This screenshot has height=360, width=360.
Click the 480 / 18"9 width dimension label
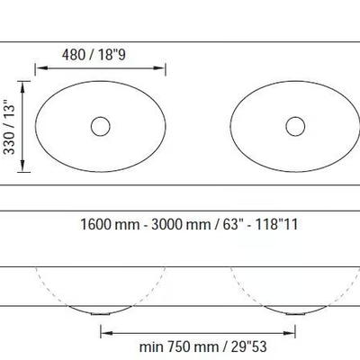pyautogui.click(x=94, y=55)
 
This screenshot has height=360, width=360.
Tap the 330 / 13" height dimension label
pyautogui.click(x=9, y=126)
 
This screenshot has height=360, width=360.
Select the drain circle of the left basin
pyautogui.click(x=101, y=126)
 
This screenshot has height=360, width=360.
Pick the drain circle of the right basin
pyautogui.click(x=295, y=126)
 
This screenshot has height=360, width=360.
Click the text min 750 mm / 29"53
pyautogui.click(x=203, y=346)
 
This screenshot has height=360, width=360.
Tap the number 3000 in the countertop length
pyautogui.click(x=166, y=224)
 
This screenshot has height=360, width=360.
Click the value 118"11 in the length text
pyautogui.click(x=276, y=224)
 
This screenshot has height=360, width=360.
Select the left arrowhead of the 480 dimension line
pyautogui.click(x=41, y=68)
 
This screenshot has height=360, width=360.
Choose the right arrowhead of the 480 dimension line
pyautogui.click(x=159, y=68)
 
